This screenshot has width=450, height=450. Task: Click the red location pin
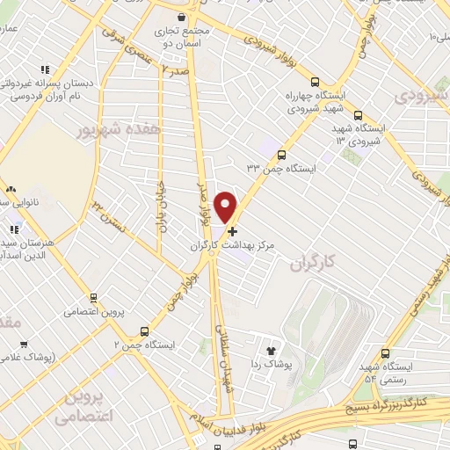coord(226,206)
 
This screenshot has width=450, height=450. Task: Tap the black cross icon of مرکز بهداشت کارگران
coord(232,232)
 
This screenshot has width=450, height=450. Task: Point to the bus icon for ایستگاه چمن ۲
coord(144,331)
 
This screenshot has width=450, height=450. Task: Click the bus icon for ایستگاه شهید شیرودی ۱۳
coord(357,114)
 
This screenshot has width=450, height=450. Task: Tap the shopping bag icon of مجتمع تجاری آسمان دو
coord(181,17)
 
